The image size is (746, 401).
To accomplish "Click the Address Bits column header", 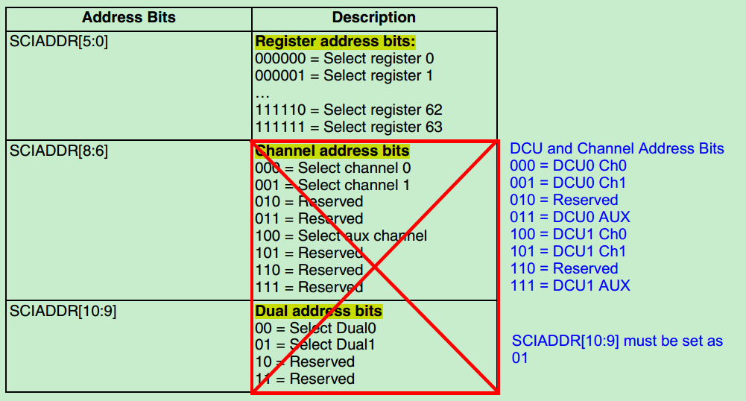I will tap(128, 17).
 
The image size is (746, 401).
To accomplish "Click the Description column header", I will tap(373, 17).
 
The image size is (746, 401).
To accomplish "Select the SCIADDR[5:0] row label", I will tap(59, 42).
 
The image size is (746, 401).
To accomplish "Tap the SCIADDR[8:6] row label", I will tap(59, 151).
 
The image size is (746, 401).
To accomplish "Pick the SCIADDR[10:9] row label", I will tap(63, 311).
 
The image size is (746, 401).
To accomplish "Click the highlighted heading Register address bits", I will tap(335, 42).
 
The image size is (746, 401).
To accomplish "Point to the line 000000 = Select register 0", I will tap(344, 58).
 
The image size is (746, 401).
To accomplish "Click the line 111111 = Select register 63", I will tap(348, 127).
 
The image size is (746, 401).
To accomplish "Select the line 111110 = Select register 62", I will tap(348, 110).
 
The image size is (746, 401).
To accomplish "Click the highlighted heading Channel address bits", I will tap(332, 151).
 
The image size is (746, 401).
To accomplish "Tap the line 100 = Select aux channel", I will tap(341, 236).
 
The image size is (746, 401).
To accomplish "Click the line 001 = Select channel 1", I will tap(332, 185).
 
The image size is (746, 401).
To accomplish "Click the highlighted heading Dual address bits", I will tap(318, 311).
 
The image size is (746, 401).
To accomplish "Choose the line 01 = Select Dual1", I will tap(314, 344).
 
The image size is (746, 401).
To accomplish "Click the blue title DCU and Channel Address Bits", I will tap(616, 148).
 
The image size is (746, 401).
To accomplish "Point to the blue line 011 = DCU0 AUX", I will tap(569, 217).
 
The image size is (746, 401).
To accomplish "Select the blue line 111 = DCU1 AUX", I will tap(569, 285).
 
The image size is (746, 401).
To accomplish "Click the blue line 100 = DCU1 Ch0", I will tap(568, 234).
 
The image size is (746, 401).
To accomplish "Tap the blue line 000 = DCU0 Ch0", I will tap(568, 165).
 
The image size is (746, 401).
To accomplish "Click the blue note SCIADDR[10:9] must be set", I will tap(617, 341).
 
